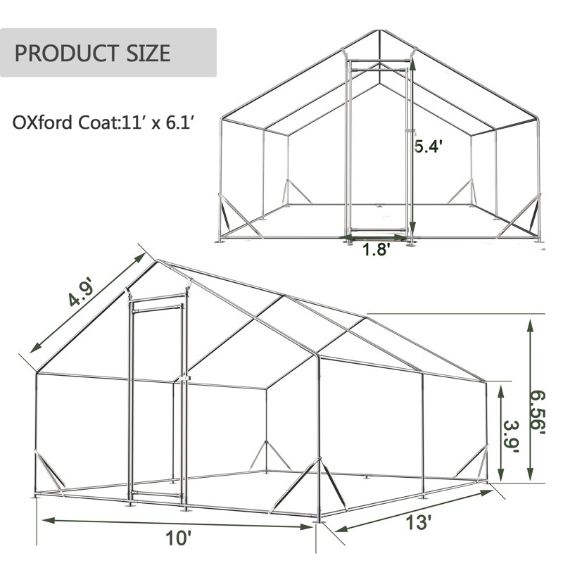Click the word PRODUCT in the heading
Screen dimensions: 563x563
tap(65, 53)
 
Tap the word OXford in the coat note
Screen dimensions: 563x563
tap(42, 122)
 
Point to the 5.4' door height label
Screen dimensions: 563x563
tap(426, 146)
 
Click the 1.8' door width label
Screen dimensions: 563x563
tap(375, 249)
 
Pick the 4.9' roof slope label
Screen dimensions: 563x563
tap(80, 293)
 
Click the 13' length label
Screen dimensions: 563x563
tap(418, 521)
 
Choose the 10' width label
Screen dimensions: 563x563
tap(178, 538)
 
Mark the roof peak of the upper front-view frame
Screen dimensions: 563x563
tap(379, 30)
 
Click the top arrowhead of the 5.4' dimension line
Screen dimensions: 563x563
tap(412, 63)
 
